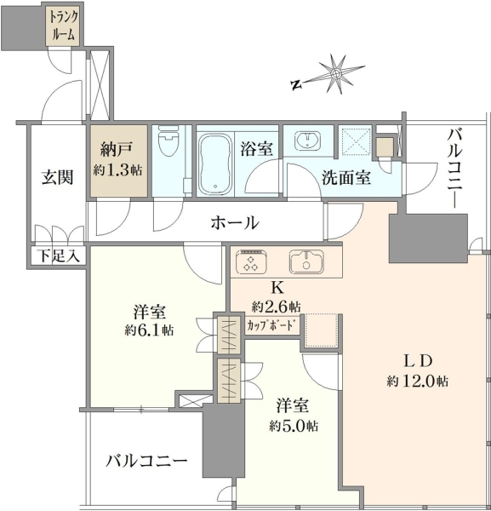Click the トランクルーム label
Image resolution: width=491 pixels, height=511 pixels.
point(64,26)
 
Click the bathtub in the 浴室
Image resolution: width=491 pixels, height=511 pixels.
point(215,164)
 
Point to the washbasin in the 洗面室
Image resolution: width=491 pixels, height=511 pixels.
point(308,141)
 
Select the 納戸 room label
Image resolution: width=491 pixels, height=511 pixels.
point(117,150)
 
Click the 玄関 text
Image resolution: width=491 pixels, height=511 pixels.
point(57,178)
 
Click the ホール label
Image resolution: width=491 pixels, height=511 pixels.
point(235,223)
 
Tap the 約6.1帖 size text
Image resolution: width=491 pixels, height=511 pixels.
point(150,331)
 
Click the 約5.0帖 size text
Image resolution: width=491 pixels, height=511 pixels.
point(294,426)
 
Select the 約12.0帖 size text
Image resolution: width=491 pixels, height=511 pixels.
point(418,382)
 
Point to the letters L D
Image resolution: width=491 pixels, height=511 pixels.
point(418,361)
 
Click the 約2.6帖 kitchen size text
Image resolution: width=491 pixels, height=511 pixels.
point(276,307)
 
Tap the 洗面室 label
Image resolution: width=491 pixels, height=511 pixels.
point(346,178)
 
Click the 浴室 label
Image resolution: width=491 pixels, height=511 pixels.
point(257,150)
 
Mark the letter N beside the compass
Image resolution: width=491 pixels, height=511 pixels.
point(296,84)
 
